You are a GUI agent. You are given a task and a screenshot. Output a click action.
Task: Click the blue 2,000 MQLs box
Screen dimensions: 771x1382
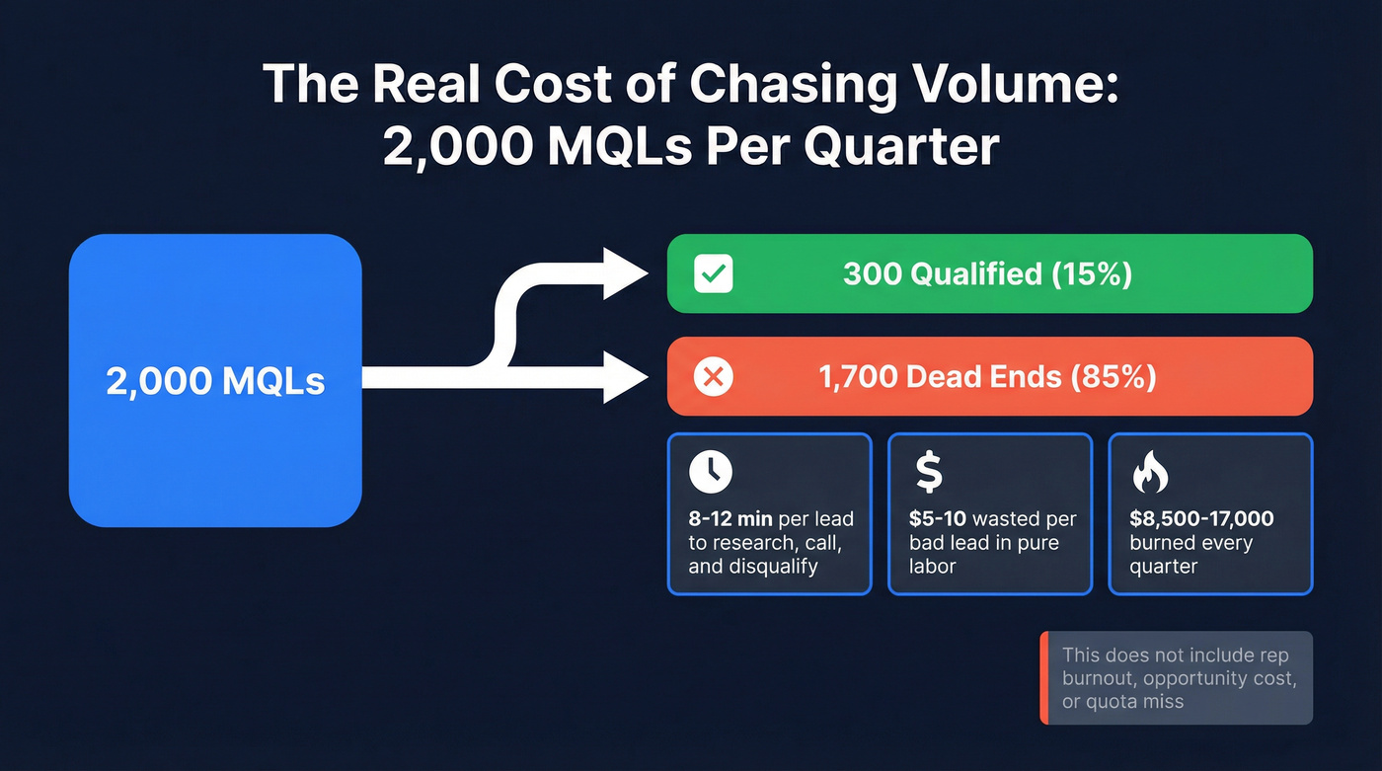(x=215, y=380)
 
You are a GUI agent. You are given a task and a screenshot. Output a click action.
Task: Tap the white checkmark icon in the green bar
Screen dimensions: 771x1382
(x=713, y=273)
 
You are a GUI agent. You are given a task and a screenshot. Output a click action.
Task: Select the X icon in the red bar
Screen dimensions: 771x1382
(x=713, y=376)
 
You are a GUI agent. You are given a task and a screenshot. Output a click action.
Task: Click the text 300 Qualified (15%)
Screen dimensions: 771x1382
(x=987, y=273)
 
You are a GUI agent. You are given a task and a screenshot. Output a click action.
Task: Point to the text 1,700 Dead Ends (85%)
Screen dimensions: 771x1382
(x=987, y=376)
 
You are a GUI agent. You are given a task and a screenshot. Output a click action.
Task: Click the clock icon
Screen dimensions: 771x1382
(x=711, y=473)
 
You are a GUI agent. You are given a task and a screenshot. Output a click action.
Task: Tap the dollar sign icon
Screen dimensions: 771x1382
(x=929, y=472)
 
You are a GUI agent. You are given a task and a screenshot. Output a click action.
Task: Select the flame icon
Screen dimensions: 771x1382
(x=1149, y=473)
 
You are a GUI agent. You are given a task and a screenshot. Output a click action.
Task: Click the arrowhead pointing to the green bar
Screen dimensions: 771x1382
(x=625, y=273)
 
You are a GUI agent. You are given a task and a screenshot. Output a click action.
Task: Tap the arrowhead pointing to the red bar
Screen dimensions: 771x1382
(x=625, y=377)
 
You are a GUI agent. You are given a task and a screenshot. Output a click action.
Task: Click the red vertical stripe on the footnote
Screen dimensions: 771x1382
(x=1043, y=678)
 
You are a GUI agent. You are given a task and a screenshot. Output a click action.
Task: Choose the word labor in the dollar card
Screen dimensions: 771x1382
(x=933, y=567)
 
